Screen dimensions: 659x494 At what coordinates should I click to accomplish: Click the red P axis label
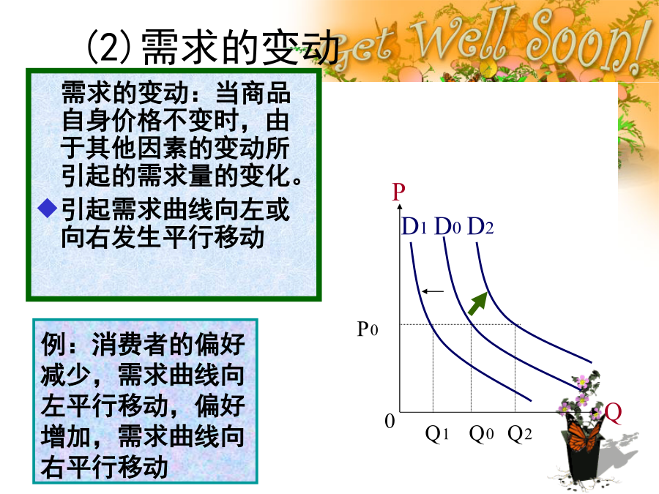point(398,192)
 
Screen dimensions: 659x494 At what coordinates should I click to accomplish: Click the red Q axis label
point(613,413)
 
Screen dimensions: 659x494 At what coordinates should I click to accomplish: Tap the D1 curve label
point(414,227)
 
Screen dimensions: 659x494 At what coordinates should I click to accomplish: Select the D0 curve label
point(447,227)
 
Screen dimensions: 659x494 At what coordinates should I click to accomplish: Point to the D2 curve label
point(480,227)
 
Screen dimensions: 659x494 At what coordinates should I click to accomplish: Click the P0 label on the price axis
point(368,329)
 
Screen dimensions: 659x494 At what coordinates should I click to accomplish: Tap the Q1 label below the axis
point(436,433)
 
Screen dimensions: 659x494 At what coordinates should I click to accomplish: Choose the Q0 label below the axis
point(481,433)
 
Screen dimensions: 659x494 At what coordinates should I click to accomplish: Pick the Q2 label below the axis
point(519,433)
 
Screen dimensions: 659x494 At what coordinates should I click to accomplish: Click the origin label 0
point(390,421)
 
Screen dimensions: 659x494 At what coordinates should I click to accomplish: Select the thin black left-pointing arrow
point(433,291)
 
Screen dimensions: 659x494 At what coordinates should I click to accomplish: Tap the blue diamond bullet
point(48,209)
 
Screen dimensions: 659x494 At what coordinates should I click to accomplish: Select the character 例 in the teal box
point(53,345)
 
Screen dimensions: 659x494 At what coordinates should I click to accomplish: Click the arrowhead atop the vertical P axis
point(400,206)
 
